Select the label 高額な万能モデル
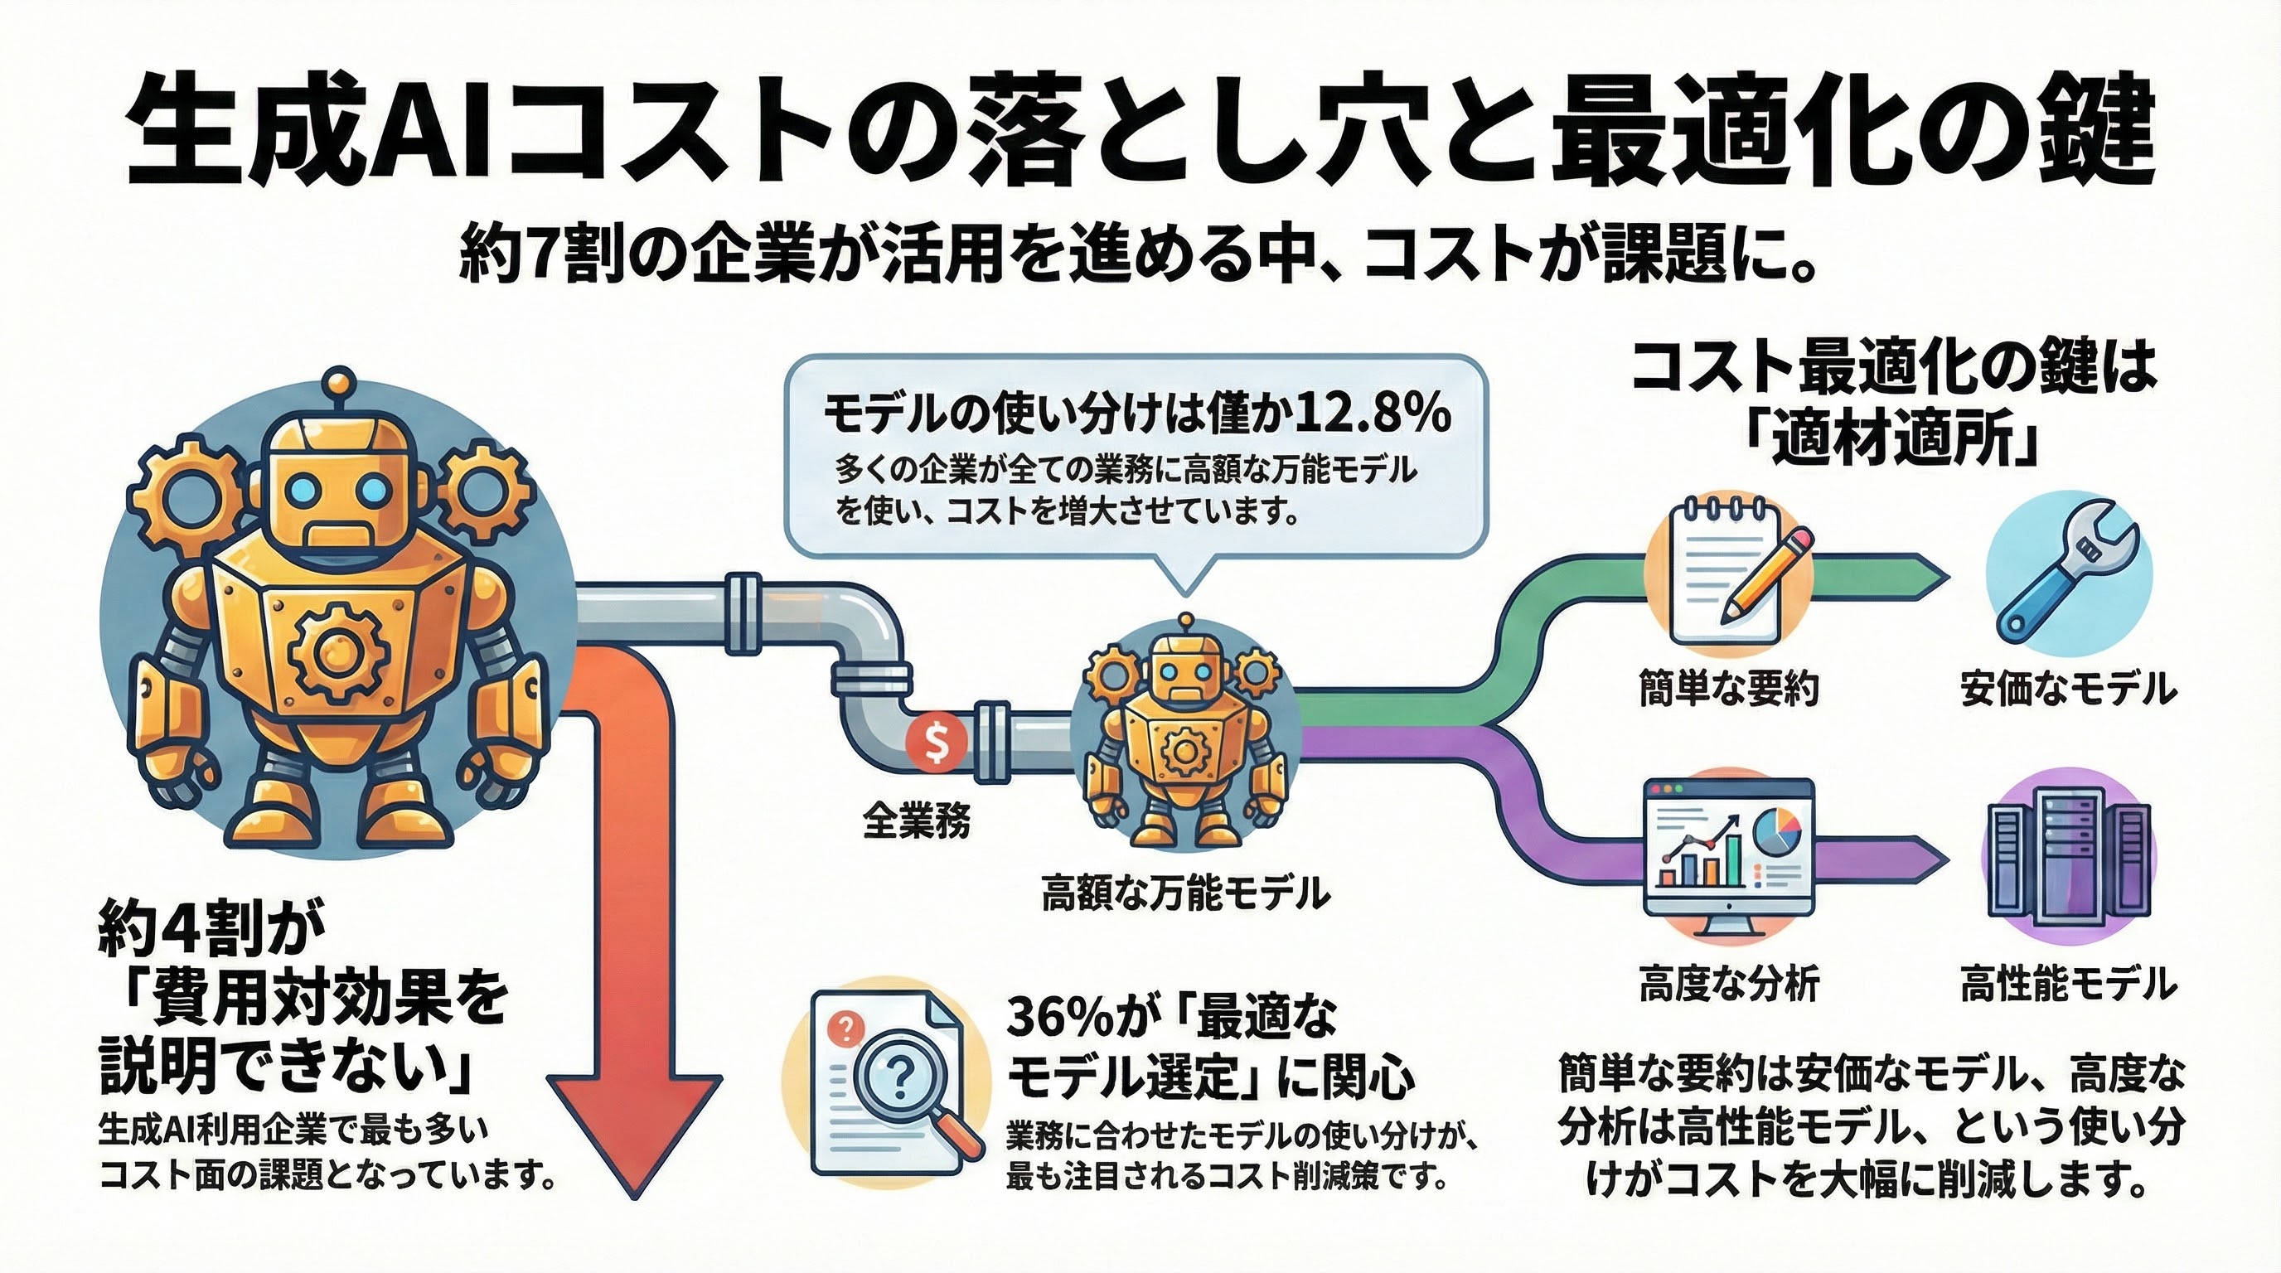(1184, 893)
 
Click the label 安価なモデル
(2069, 689)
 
